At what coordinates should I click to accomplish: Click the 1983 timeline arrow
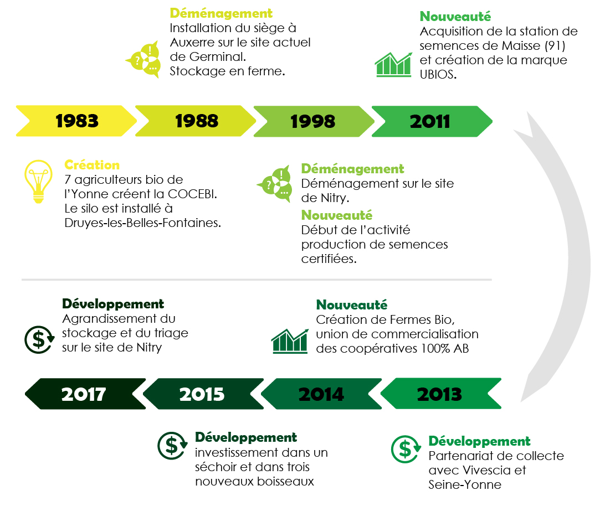[76, 121]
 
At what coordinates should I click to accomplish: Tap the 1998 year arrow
[314, 121]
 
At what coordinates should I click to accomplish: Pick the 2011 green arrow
[432, 121]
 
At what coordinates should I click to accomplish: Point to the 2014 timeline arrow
[321, 394]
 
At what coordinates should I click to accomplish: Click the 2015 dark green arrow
[203, 394]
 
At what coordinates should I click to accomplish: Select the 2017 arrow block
[85, 394]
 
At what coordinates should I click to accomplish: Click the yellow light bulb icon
[38, 181]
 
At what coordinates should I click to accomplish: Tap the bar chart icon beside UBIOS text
[393, 65]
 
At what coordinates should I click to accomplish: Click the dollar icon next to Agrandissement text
[39, 339]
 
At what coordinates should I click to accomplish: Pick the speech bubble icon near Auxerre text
[143, 59]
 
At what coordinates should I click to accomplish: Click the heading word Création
[92, 165]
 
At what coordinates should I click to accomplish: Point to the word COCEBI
[192, 194]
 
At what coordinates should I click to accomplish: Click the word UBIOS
[438, 75]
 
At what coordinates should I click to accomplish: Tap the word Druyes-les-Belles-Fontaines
[143, 223]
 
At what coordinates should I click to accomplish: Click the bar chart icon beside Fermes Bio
[290, 341]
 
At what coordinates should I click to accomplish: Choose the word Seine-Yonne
[465, 485]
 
